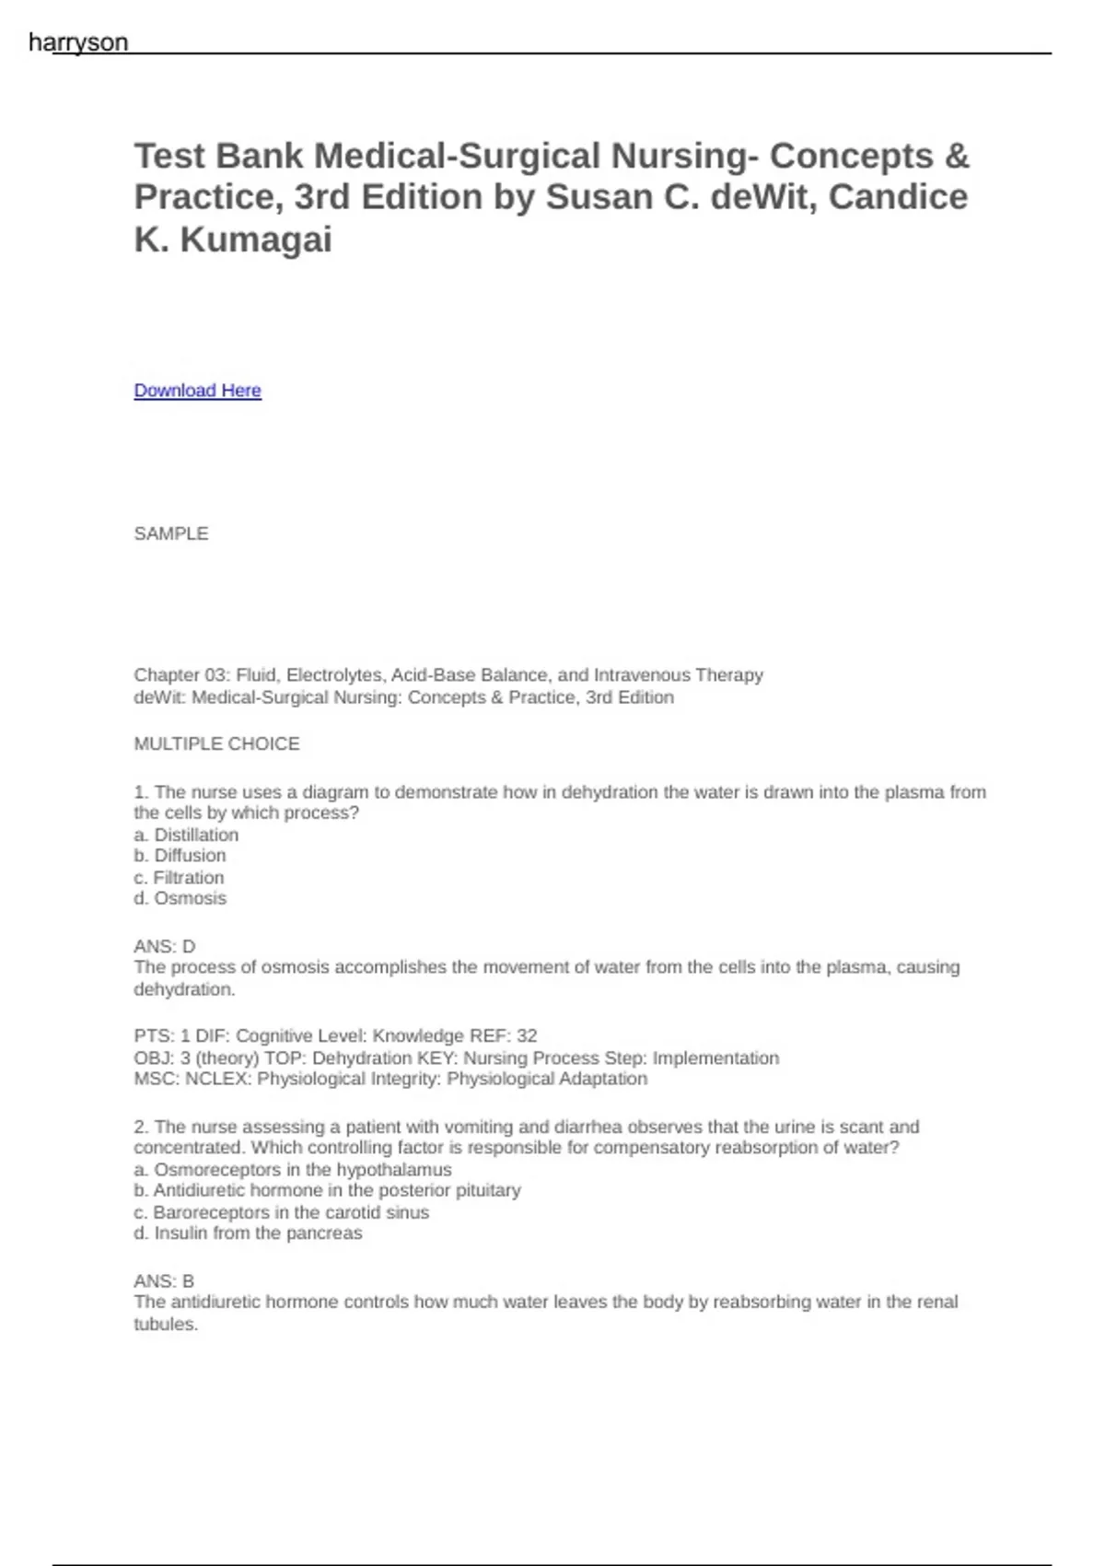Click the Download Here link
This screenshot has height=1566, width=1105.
(x=197, y=391)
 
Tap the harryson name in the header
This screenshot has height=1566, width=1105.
(x=78, y=42)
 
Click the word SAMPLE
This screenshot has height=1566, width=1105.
(x=171, y=533)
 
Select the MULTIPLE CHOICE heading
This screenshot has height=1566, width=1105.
(x=216, y=743)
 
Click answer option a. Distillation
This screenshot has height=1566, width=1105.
(x=186, y=835)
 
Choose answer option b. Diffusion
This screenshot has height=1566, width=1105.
(x=180, y=856)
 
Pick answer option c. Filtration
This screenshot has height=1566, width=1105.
(x=179, y=878)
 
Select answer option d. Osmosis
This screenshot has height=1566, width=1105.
(x=180, y=898)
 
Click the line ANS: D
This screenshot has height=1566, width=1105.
(x=165, y=946)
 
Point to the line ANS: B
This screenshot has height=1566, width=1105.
(x=164, y=1280)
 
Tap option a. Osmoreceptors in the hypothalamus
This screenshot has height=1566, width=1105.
(x=293, y=1169)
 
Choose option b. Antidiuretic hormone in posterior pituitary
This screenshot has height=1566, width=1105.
(x=327, y=1190)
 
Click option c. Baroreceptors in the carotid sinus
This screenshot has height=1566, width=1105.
(x=281, y=1212)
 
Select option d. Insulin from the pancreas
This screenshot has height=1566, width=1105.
(x=248, y=1233)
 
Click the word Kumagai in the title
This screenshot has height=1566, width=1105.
(x=255, y=240)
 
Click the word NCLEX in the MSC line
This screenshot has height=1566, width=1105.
(x=217, y=1079)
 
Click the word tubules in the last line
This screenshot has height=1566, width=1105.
(x=165, y=1324)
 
